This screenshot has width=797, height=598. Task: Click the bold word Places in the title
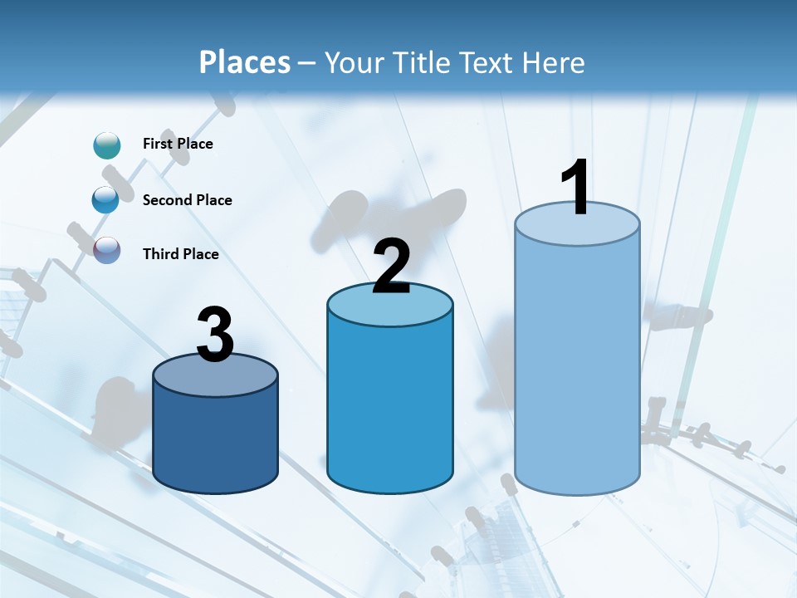tap(244, 62)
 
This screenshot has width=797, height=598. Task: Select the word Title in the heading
tap(419, 62)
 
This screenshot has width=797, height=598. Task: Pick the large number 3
tap(215, 335)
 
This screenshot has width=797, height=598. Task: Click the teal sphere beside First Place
tap(107, 145)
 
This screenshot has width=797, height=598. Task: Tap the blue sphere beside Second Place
tap(105, 200)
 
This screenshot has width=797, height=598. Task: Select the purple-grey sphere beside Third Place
tap(107, 250)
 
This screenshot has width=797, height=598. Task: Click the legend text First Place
tap(178, 144)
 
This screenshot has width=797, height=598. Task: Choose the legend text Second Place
tap(187, 200)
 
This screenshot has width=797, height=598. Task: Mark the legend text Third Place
tap(180, 254)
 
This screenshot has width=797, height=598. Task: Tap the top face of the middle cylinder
tap(390, 307)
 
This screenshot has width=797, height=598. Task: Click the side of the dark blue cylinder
tap(215, 440)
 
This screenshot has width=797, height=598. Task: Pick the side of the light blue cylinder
tap(577, 365)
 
